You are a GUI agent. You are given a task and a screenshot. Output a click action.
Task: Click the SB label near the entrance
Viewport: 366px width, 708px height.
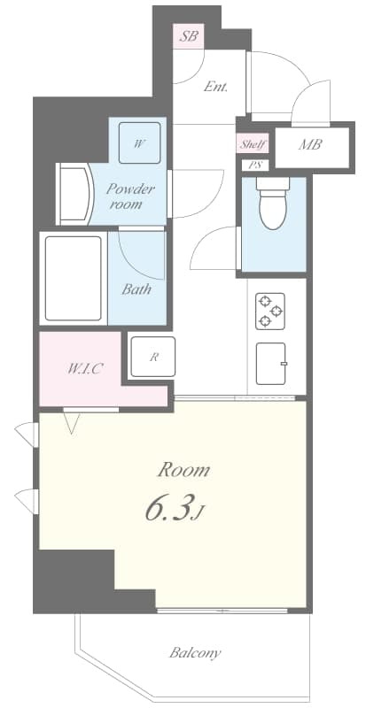[x=188, y=37]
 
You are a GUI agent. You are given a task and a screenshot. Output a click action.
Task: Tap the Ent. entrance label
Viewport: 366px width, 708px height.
[x=215, y=87]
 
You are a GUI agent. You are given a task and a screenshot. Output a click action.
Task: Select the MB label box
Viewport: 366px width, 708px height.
[x=309, y=145]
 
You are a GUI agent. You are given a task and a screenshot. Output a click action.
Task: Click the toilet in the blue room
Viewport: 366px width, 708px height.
[x=273, y=203]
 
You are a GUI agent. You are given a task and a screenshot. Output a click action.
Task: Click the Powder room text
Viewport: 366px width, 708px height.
[x=130, y=196]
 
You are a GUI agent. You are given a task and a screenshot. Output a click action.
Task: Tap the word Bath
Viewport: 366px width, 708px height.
[x=136, y=289]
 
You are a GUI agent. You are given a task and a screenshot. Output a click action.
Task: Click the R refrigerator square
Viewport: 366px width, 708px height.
[x=152, y=357]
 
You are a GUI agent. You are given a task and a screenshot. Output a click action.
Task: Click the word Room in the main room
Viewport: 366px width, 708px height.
[x=183, y=469]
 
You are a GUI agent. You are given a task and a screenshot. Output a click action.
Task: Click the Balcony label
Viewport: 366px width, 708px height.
[x=195, y=654]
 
